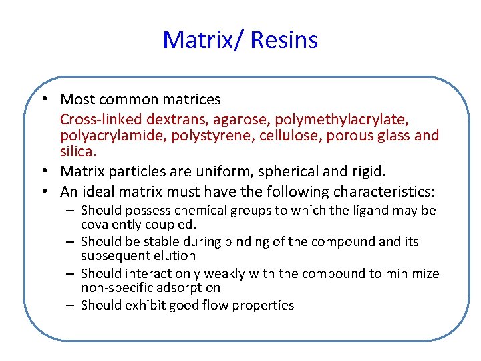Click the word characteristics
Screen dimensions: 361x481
coord(371,192)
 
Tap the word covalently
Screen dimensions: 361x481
coord(114,224)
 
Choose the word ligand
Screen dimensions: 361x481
coord(376,211)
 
